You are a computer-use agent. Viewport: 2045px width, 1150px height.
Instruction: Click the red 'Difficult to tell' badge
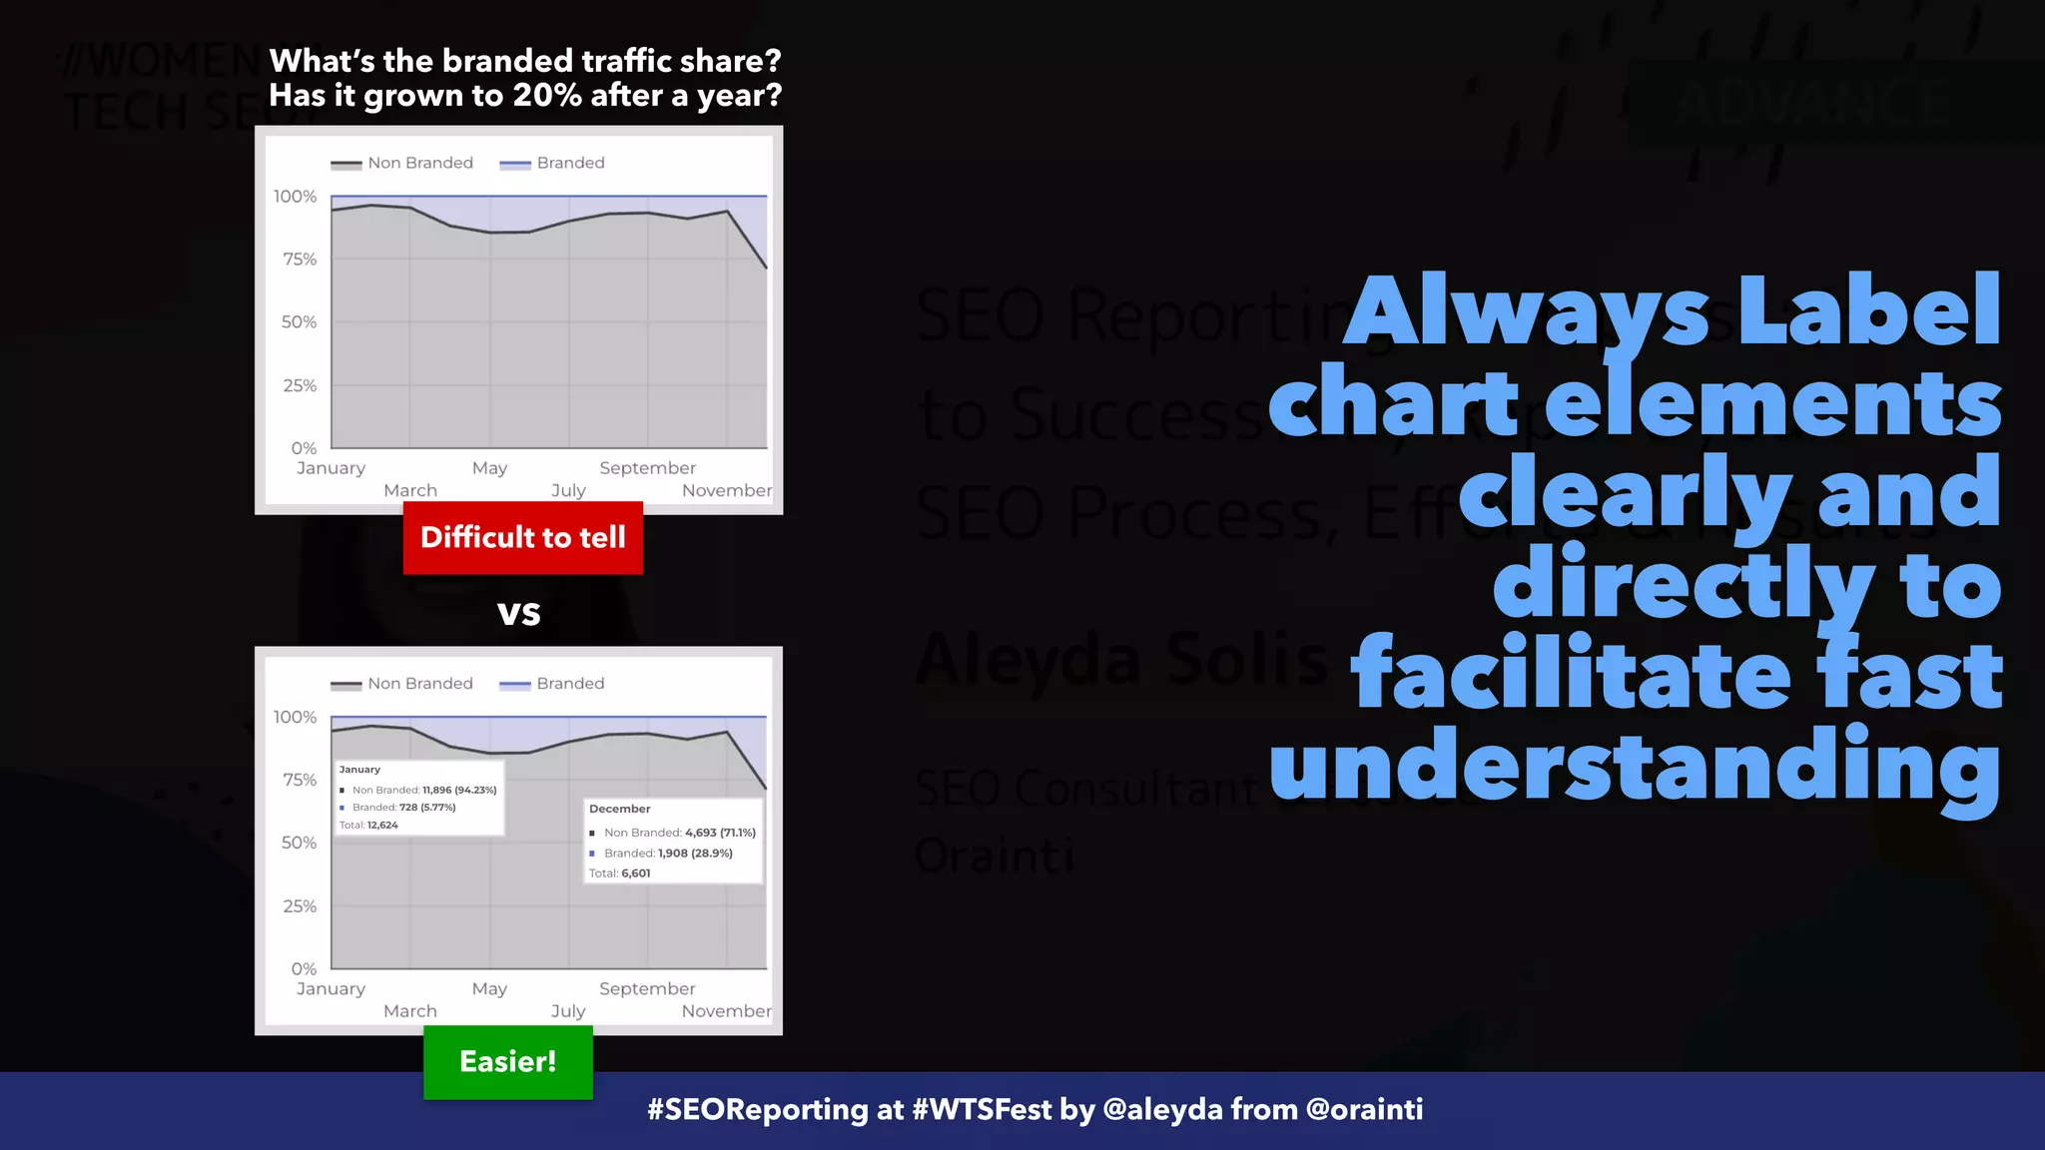pos(522,538)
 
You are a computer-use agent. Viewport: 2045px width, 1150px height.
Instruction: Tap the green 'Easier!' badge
pos(507,1062)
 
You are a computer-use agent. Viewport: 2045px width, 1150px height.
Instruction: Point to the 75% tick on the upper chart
pos(300,260)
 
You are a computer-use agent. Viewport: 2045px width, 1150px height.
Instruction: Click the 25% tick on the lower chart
pos(300,906)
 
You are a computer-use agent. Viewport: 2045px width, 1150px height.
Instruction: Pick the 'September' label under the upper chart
pos(647,468)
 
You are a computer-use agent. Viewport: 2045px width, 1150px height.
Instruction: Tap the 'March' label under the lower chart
pos(410,1011)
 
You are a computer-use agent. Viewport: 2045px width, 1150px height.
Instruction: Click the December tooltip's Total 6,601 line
pos(620,873)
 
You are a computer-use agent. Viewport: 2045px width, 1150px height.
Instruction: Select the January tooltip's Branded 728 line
pos(398,808)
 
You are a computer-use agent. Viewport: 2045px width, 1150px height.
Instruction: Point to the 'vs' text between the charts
pos(519,612)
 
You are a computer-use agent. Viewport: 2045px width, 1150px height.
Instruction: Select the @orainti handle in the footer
pos(1364,1110)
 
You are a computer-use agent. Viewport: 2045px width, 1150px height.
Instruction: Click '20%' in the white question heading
pos(547,96)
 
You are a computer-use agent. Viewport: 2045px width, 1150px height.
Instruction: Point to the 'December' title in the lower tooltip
pos(620,809)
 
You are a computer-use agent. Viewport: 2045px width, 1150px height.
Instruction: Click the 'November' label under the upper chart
pos(726,491)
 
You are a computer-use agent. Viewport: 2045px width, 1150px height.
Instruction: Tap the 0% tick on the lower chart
pos(304,969)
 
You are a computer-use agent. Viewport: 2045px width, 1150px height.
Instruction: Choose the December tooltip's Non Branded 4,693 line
pos(673,833)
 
